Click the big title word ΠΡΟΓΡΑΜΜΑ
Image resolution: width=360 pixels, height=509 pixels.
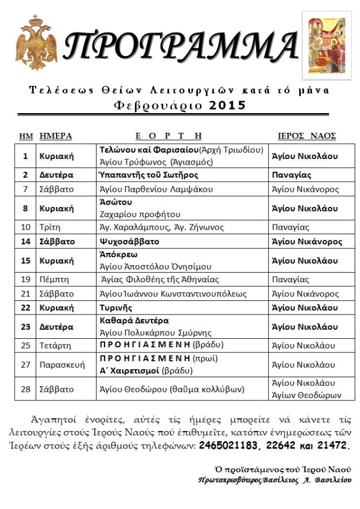coord(180,45)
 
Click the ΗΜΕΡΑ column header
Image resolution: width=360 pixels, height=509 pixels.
coord(55,136)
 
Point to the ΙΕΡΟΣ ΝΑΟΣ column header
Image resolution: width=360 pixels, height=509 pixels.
coord(307,136)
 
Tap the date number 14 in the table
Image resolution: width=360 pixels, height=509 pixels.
coord(25,241)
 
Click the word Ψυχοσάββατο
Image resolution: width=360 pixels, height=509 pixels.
coord(129,241)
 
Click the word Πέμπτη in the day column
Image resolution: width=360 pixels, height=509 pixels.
coord(54,279)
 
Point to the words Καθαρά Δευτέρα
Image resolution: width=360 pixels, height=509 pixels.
coord(135,321)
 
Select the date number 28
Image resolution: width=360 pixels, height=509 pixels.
coord(25,389)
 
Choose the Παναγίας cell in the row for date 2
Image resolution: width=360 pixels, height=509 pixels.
coord(290,175)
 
